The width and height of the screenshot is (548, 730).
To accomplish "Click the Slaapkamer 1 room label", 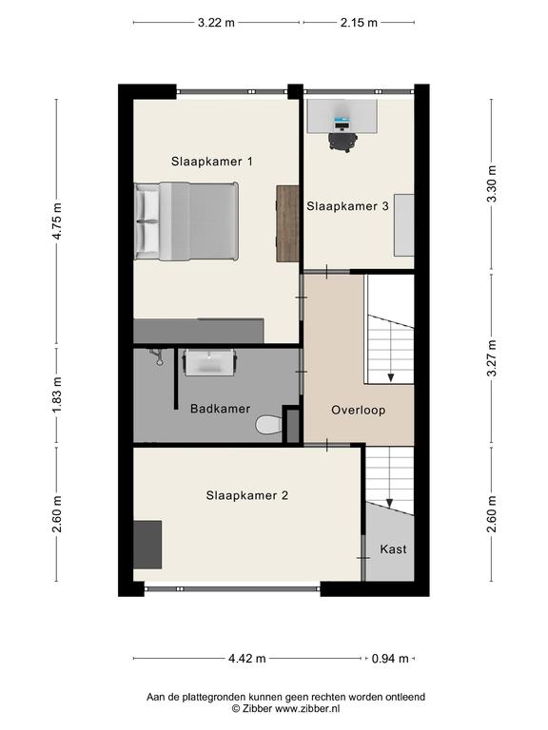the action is click(x=211, y=162).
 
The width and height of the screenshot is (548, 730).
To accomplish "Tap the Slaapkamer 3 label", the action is click(x=347, y=206).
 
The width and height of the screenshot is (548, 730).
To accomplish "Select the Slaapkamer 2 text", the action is click(x=247, y=495).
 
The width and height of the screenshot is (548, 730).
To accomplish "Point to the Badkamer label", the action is click(x=220, y=409).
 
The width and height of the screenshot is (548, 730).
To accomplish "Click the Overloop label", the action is click(x=359, y=411).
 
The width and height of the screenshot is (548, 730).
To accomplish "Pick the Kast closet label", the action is click(x=393, y=549).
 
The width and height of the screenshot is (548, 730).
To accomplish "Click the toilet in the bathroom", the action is click(x=268, y=425).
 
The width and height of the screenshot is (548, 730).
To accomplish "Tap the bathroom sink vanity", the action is click(x=209, y=363).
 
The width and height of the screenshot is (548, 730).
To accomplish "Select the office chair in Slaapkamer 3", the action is click(x=342, y=141).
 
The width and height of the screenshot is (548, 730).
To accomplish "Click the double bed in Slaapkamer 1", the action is click(x=186, y=221).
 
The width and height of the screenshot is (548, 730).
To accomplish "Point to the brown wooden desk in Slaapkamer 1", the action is click(x=287, y=223).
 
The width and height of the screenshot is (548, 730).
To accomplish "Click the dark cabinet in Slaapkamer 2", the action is click(x=147, y=545).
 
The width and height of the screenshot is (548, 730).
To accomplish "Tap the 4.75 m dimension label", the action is click(x=57, y=221).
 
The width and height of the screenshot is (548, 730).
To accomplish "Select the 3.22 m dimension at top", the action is click(x=216, y=23).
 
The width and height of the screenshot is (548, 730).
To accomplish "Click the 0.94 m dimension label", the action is click(x=390, y=659).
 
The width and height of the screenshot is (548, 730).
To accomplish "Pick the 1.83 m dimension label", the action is click(x=57, y=394).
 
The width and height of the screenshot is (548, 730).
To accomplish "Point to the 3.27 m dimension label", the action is click(x=492, y=358).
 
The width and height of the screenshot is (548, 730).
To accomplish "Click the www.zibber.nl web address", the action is click(x=307, y=708).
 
